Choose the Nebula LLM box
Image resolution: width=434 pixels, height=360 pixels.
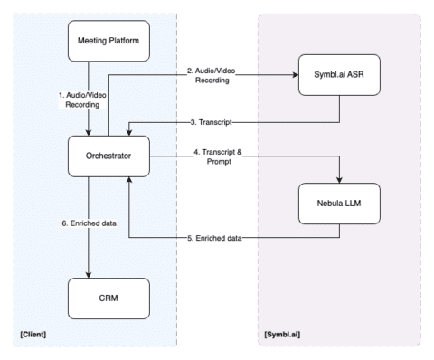pos(339,207)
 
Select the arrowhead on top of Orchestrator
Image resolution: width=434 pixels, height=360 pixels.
pos(88,130)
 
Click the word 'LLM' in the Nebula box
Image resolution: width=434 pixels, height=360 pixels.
pos(356,207)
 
